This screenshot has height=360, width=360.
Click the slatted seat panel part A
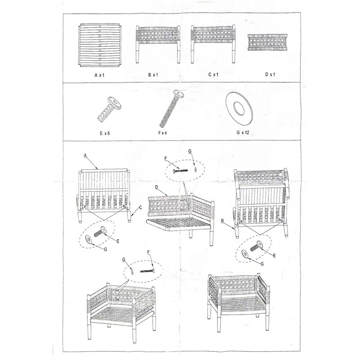pyautogui.click(x=99, y=45)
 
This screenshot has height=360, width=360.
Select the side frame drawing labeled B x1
pyautogui.click(x=158, y=44)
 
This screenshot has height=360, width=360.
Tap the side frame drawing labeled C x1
pyautogui.click(x=213, y=44)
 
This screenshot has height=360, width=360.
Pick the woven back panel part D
pyautogui.click(x=267, y=42)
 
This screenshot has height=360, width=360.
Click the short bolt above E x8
pyautogui.click(x=109, y=109)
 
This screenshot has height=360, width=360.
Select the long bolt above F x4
pyautogui.click(x=172, y=108)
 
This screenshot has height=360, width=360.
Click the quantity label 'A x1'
pyautogui.click(x=99, y=75)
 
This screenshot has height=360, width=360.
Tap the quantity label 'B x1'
pyautogui.click(x=153, y=75)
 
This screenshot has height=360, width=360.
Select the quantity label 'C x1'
pyautogui.click(x=213, y=75)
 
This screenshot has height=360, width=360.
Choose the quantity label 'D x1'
pyautogui.click(x=270, y=74)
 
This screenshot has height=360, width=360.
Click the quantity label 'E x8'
pyautogui.click(x=105, y=133)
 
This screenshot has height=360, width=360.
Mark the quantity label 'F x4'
pyautogui.click(x=162, y=133)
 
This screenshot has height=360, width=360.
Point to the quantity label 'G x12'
pyautogui.click(x=243, y=132)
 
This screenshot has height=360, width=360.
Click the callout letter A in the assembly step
pyautogui.click(x=85, y=156)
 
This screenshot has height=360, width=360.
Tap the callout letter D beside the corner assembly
pyautogui.click(x=157, y=187)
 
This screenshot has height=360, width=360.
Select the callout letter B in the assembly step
pyautogui.click(x=222, y=221)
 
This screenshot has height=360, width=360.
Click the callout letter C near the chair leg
pyautogui.click(x=140, y=207)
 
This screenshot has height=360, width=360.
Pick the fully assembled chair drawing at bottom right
pyautogui.click(x=238, y=302)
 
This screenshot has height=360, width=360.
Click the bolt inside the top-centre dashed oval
pyautogui.click(x=180, y=171)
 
